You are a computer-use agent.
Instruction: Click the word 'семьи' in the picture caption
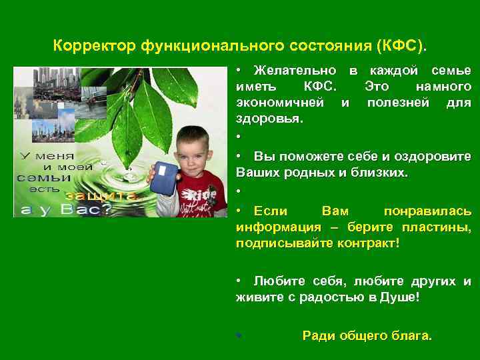pyautogui.click(x=44, y=178)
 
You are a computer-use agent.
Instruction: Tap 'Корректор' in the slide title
pyautogui.click(x=95, y=47)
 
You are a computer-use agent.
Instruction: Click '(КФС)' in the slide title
pyautogui.click(x=403, y=47)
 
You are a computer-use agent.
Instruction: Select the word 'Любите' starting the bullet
pyautogui.click(x=276, y=281)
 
